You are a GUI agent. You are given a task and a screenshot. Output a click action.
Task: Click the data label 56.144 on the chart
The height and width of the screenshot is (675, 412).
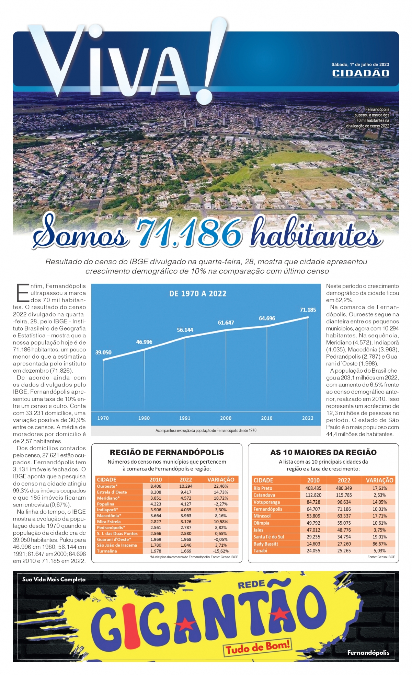tap(185, 330)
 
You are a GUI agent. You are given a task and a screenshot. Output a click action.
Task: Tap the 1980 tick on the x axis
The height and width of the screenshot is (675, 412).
tap(144, 418)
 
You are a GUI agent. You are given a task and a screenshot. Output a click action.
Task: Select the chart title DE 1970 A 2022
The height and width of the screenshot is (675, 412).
tap(198, 294)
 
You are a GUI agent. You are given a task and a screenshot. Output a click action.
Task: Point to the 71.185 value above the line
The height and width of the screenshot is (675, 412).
tap(308, 310)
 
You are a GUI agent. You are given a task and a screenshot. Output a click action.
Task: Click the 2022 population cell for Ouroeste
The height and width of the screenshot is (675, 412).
tap(186, 486)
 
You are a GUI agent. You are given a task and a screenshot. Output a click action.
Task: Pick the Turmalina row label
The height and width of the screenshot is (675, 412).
tap(107, 551)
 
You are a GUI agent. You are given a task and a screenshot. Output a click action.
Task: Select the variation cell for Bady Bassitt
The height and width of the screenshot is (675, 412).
tap(379, 544)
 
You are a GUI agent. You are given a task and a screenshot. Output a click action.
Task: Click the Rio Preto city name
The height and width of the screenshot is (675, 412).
tap(263, 488)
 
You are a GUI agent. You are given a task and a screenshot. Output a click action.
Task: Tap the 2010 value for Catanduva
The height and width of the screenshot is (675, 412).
tap(313, 495)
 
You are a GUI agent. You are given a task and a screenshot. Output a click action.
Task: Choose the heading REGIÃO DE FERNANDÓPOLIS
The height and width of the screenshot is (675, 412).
tap(167, 452)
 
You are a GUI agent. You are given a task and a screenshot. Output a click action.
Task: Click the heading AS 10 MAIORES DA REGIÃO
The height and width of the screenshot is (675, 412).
tap(323, 452)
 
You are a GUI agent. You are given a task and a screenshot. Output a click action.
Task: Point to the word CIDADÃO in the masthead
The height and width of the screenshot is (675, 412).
tap(360, 73)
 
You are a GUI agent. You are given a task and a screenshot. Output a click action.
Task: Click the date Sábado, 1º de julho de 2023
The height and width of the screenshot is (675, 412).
tap(360, 65)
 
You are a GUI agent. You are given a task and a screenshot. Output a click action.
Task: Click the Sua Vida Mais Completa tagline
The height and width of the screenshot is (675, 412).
tap(54, 580)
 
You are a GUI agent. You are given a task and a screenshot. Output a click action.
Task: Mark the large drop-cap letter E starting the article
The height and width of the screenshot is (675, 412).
tap(22, 292)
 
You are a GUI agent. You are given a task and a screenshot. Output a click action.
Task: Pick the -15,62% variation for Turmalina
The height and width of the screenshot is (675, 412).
tap(220, 551)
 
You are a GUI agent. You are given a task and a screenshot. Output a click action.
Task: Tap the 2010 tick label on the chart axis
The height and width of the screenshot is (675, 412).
tap(267, 418)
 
